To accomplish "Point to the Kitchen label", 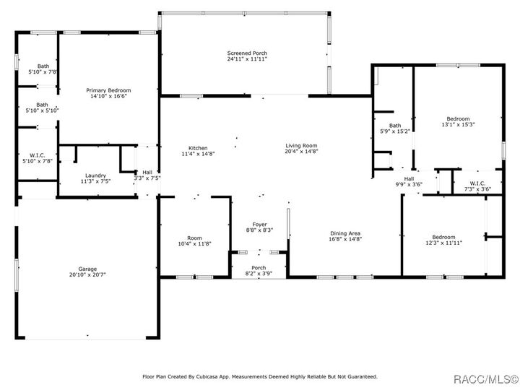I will pyautogui.click(x=198, y=148).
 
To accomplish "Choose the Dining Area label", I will pyautogui.click(x=345, y=233).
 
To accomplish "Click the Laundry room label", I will pyautogui.click(x=96, y=175).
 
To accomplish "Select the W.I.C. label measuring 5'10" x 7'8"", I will pyautogui.click(x=37, y=156).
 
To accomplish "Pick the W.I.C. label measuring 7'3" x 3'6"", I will pyautogui.click(x=477, y=183).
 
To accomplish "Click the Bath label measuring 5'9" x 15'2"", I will pyautogui.click(x=394, y=126).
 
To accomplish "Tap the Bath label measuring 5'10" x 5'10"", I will pyautogui.click(x=43, y=104).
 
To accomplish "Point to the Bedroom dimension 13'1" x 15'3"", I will pyautogui.click(x=458, y=124).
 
